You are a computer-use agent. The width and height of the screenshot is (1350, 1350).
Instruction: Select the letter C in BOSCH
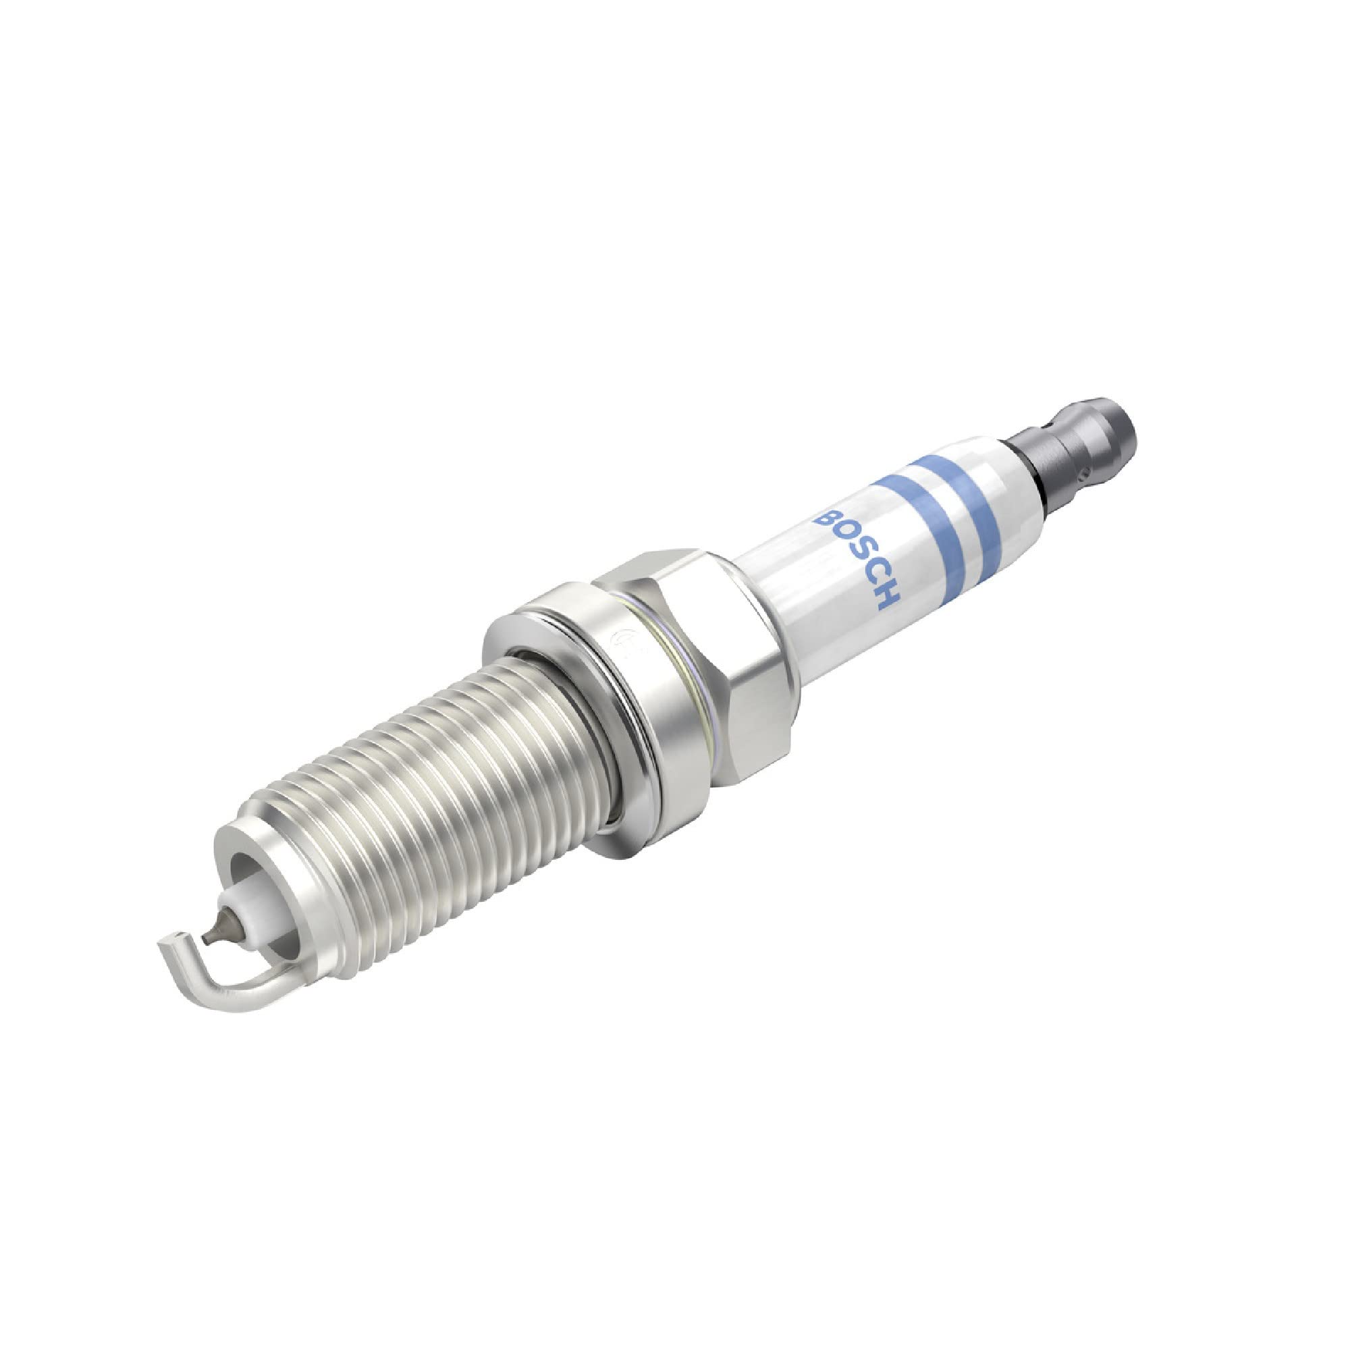[873, 576]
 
